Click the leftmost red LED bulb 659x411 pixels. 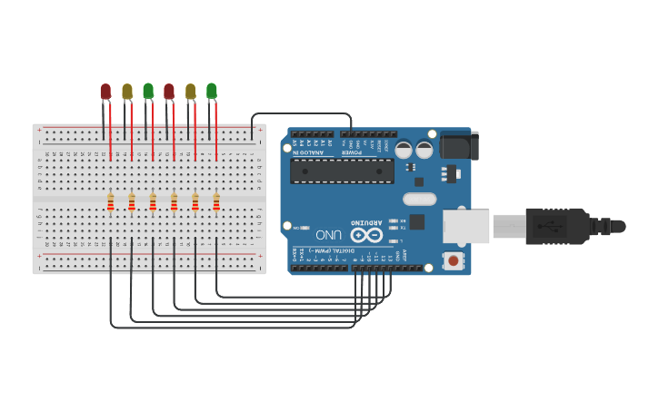[105, 92]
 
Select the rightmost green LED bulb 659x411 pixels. [212, 91]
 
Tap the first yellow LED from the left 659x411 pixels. [127, 92]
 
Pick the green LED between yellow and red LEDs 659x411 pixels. [148, 91]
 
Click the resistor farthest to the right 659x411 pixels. [216, 201]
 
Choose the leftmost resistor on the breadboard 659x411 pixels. [110, 201]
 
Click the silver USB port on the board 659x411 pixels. [465, 226]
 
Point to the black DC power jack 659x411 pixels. [459, 146]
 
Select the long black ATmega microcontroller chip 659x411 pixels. [342, 171]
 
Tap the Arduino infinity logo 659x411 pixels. [366, 235]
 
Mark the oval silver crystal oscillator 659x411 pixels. [419, 199]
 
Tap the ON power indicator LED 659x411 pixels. [305, 228]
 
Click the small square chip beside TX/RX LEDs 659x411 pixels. [416, 221]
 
